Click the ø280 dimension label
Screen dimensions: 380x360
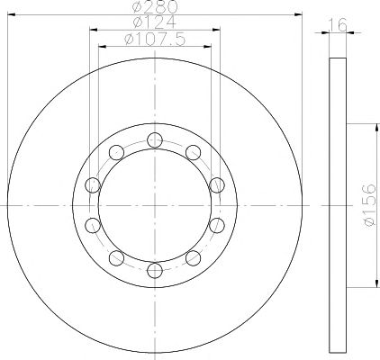pyautogui.click(x=155, y=6)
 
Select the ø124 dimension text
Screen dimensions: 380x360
pyautogui.click(x=155, y=22)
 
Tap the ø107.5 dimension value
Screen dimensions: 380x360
pyautogui.click(x=155, y=40)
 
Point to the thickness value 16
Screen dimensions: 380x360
pyautogui.click(x=339, y=24)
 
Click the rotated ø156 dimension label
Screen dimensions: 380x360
pyautogui.click(x=369, y=205)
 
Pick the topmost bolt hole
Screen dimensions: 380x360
pyautogui.click(x=155, y=139)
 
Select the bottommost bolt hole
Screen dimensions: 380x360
pyautogui.click(x=155, y=271)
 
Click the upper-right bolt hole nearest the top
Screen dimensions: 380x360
pyautogui.click(x=193, y=152)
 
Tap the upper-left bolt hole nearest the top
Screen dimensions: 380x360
pyautogui.click(x=116, y=152)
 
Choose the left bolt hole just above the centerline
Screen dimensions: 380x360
pyautogui.click(x=93, y=185)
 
